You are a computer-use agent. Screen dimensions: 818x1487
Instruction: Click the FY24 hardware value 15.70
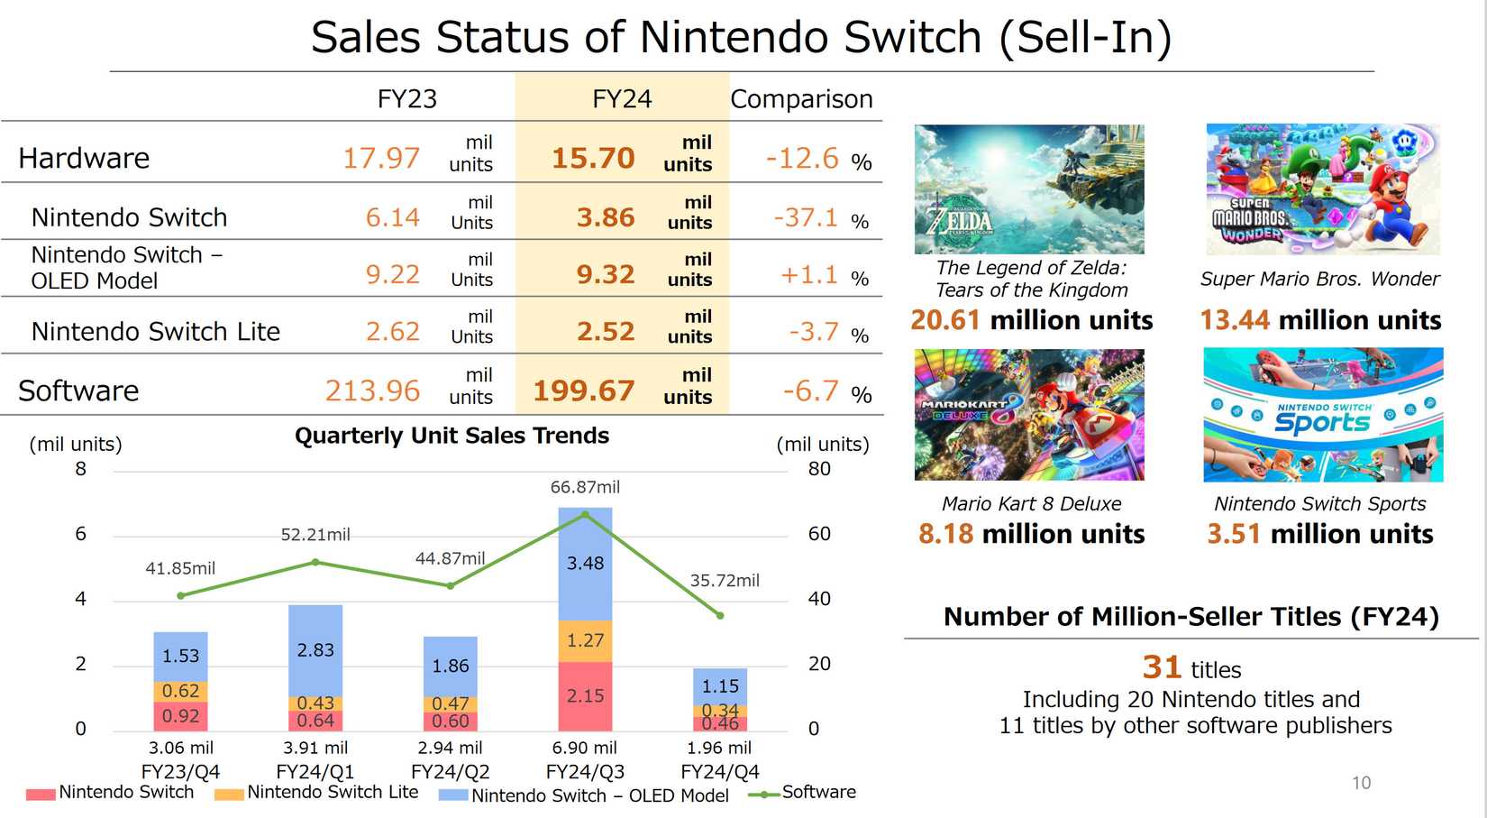click(593, 158)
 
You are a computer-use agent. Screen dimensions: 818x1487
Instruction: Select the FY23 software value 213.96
click(372, 391)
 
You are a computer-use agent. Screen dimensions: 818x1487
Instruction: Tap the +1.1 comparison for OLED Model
click(808, 274)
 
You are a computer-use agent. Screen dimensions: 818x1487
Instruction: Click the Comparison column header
click(801, 98)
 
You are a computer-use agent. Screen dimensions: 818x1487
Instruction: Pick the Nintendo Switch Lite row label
click(155, 331)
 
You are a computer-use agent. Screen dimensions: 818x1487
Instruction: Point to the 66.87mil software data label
click(585, 487)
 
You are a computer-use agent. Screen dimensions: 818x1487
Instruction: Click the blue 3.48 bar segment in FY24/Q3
click(585, 564)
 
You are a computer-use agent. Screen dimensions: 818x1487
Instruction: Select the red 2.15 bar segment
click(585, 695)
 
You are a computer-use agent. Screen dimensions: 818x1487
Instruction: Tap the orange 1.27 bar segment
click(585, 640)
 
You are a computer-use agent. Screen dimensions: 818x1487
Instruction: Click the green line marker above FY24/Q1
click(315, 562)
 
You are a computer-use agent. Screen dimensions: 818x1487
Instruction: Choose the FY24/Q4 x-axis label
click(719, 772)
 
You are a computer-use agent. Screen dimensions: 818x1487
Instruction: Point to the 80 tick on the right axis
click(818, 469)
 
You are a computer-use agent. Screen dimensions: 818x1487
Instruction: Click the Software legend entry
click(818, 792)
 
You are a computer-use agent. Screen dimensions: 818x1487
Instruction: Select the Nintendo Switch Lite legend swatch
click(229, 795)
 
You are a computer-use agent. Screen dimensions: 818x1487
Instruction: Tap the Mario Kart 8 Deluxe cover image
click(1029, 415)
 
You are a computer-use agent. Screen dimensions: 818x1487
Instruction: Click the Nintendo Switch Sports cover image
click(1322, 415)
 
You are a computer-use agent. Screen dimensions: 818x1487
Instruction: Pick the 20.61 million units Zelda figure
click(1031, 320)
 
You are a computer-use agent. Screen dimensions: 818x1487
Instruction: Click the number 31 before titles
click(1162, 667)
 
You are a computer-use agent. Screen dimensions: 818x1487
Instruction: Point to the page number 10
click(1361, 783)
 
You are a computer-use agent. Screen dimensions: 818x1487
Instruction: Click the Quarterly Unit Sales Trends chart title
click(452, 436)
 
